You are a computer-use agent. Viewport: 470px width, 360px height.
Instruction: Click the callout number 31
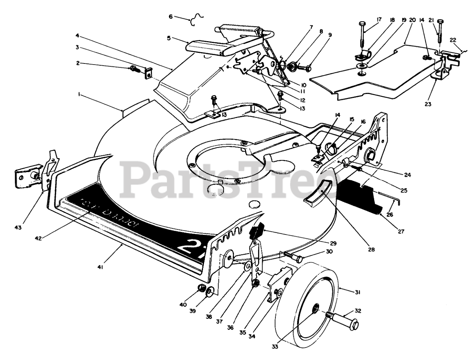pos(357,292)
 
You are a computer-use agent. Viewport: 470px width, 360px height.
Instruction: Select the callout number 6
pos(170,16)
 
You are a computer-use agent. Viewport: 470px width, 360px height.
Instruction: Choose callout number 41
pos(100,268)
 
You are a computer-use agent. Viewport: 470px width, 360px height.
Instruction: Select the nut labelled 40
pos(201,288)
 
